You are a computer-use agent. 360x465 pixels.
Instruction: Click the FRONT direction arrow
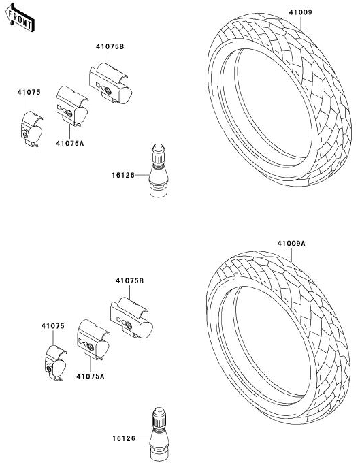point(20,18)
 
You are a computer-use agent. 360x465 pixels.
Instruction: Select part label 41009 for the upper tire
point(300,12)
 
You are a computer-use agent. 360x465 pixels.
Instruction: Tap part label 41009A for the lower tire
point(291,244)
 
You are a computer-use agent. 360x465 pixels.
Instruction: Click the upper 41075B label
point(110,46)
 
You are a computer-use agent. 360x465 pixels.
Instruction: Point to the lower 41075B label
point(129,280)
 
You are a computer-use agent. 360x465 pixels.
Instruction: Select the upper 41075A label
point(70,144)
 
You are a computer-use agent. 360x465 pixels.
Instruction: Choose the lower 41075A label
point(91,376)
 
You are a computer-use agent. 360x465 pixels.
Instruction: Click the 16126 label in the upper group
point(123,175)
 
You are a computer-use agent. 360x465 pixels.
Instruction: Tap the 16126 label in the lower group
point(124,438)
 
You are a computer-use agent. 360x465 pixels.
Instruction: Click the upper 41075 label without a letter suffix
point(29,92)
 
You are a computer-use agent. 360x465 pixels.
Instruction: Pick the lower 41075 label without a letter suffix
point(53,326)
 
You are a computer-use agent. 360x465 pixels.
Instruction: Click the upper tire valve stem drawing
point(159,170)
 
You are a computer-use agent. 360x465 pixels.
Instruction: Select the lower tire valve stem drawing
point(159,434)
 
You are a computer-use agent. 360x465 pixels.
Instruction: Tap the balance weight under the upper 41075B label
point(110,83)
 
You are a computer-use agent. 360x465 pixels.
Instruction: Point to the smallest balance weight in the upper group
point(31,129)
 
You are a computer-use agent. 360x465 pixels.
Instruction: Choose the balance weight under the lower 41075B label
point(131,318)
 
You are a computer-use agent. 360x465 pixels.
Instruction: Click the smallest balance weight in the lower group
point(55,364)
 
